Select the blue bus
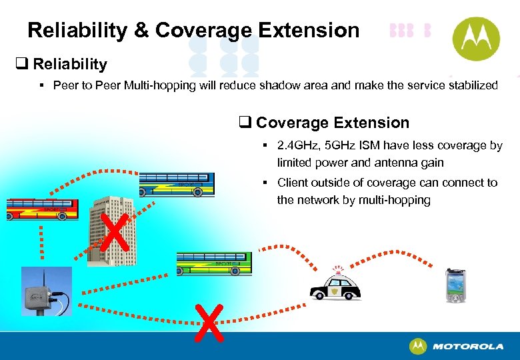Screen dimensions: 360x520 (176, 183)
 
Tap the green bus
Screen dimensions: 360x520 (214, 264)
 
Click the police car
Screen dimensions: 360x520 (335, 287)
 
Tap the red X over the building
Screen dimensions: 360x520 (115, 234)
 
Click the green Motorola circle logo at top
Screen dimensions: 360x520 (476, 38)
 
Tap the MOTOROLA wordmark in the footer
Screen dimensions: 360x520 (467, 347)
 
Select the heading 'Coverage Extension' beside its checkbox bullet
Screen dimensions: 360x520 (332, 123)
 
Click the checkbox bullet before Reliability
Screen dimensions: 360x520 (21, 64)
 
